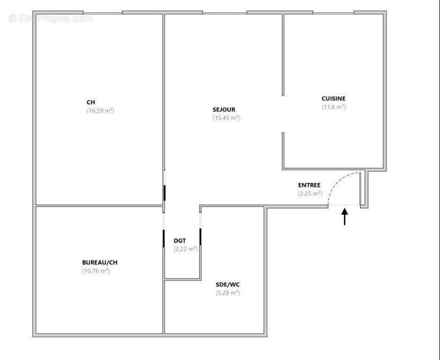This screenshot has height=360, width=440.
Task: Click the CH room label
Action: tap(91, 102)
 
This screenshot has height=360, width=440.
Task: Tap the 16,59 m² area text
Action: tap(101, 111)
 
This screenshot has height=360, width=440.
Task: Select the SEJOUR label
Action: tap(224, 110)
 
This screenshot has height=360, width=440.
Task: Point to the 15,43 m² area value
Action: tap(227, 118)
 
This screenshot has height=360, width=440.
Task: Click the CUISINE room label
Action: tap(334, 98)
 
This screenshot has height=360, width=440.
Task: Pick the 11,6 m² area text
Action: tap(334, 107)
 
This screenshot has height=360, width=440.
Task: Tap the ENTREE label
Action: tap(309, 185)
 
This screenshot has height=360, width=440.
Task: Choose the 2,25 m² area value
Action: tap(310, 194)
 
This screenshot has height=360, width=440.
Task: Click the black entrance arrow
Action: tap(345, 217)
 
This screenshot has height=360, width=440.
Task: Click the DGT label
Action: tap(179, 241)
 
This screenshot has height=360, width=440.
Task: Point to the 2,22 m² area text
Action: tap(186, 249)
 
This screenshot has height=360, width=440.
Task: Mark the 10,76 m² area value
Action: tap(96, 271)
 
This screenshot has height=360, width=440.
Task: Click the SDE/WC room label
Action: tap(228, 284)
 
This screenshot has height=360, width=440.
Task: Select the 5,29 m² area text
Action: tap(228, 293)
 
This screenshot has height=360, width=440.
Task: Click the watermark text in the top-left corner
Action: tap(50, 19)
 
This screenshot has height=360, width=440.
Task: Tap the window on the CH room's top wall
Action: tap(102, 13)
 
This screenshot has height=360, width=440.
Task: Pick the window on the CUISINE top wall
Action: tap(334, 13)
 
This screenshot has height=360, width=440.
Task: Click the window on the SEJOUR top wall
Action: tap(225, 13)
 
